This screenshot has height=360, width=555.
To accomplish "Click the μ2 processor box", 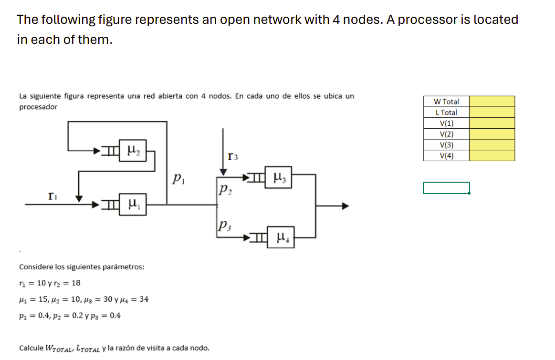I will pyautogui.click(x=133, y=151).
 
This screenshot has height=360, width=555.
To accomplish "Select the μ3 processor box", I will pyautogui.click(x=279, y=178).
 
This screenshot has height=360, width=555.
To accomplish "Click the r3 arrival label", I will pyautogui.click(x=233, y=155).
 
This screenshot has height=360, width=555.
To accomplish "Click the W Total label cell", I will pyautogui.click(x=446, y=102).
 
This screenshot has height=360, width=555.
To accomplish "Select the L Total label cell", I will pyautogui.click(x=446, y=113).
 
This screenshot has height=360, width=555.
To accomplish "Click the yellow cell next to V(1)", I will pyautogui.click(x=492, y=123).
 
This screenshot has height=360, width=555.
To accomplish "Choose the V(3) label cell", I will pyautogui.click(x=446, y=145).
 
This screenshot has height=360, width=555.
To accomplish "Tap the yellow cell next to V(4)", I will pyautogui.click(x=492, y=156).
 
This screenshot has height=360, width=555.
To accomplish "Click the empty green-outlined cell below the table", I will pyautogui.click(x=446, y=188).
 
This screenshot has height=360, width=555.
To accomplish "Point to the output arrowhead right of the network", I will pyautogui.click(x=345, y=206).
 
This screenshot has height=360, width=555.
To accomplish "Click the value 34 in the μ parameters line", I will pyautogui.click(x=144, y=299).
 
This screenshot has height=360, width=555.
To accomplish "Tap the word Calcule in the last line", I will pyautogui.click(x=31, y=348).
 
